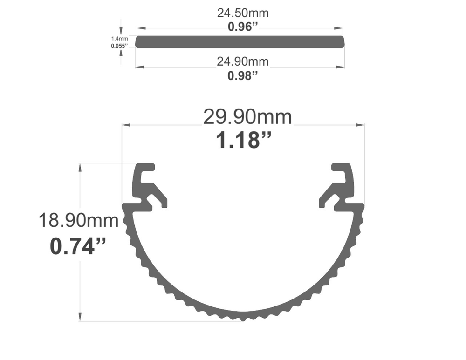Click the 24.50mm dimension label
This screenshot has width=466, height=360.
242,13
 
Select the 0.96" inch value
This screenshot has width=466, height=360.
242,27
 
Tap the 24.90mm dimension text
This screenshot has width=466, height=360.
242,61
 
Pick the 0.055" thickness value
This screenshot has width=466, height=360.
119,46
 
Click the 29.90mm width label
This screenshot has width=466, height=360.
247,117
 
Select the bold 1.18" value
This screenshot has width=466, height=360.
244,140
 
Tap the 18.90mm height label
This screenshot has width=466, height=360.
78,220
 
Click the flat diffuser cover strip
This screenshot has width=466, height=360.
240,41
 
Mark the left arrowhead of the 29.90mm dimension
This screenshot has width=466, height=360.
125,125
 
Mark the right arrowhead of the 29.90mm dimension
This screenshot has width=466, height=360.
361,125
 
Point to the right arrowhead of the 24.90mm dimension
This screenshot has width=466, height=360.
342,67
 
